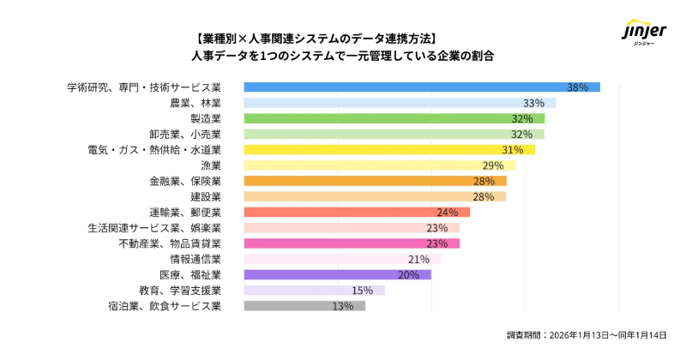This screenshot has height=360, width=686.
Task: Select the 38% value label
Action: (577, 87)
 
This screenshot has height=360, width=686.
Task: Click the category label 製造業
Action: (206, 118)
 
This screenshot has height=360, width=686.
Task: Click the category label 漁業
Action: (211, 165)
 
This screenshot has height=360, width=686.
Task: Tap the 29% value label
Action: (493, 165)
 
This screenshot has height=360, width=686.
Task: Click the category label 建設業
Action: (206, 196)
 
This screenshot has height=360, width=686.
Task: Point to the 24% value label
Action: (448, 212)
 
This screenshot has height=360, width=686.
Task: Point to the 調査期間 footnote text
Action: (587, 335)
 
